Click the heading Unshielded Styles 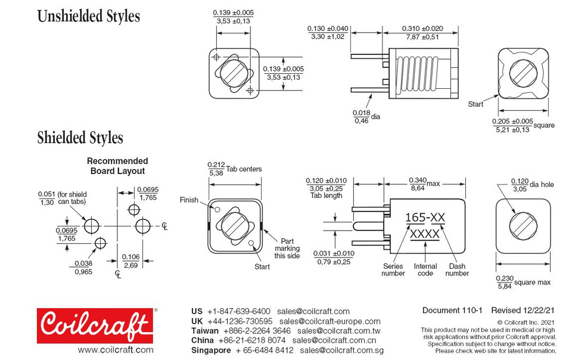(x=89, y=16)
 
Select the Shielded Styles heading (x=80, y=138)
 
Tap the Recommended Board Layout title (x=117, y=166)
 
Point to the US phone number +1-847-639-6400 (x=238, y=311)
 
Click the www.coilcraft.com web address (x=115, y=350)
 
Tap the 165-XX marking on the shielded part (x=425, y=218)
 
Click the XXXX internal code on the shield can (x=425, y=234)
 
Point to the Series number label (x=393, y=270)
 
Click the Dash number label (x=457, y=270)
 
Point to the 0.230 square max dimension (x=523, y=282)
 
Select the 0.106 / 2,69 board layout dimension (x=130, y=260)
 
